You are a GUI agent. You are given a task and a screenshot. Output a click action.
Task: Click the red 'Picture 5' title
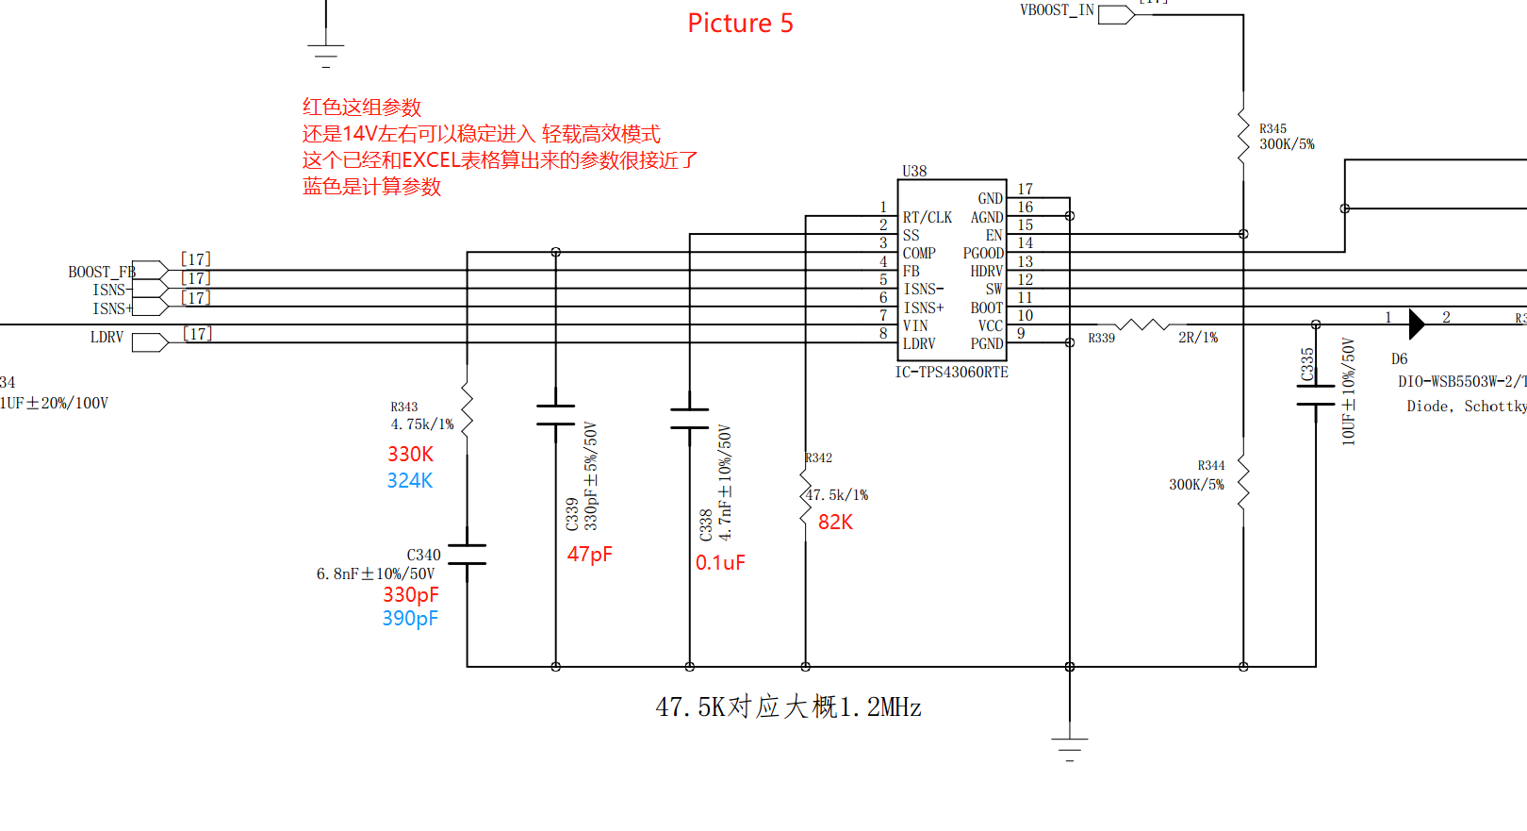pos(740,24)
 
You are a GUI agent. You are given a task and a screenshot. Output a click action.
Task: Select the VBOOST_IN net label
pos(1057,10)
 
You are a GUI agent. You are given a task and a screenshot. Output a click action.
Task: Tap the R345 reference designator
pos(1272,128)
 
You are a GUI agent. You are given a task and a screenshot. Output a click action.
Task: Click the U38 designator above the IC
pos(914,171)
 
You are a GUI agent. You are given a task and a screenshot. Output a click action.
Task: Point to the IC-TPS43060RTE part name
pos(951,373)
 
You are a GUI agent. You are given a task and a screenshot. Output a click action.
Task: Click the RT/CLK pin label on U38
pos(928,217)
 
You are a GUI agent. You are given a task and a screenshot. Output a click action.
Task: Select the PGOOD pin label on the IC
pos(983,253)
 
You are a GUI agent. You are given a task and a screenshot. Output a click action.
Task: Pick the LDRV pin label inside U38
pos(919,343)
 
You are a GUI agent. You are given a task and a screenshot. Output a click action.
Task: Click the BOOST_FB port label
pos(101,272)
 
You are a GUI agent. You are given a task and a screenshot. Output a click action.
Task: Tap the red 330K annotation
pos(410,455)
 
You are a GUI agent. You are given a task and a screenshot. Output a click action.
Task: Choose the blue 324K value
pos(410,481)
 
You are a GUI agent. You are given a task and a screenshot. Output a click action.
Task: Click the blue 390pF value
pos(410,619)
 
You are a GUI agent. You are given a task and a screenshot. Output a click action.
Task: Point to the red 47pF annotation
pos(589,555)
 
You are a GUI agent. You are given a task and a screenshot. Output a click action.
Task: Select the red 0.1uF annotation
pos(720,563)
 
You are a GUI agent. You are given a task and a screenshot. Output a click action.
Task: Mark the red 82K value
pos(835,523)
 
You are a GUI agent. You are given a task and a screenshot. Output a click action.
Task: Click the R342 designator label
pos(818,458)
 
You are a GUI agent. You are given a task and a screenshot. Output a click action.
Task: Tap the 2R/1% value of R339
pos(1197,338)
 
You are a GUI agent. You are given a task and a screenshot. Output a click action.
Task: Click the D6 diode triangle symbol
pos(1416,324)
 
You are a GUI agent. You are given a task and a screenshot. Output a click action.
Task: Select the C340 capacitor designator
pos(423,555)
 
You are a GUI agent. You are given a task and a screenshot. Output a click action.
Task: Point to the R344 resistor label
pos(1211,465)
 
